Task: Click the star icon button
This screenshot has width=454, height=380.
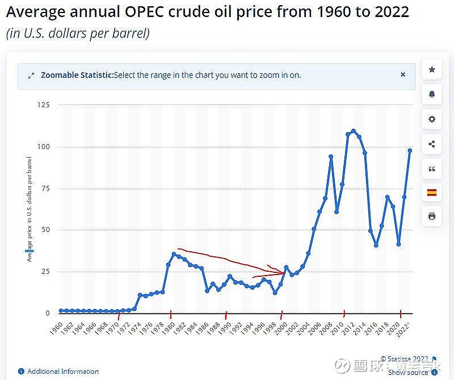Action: coord(432,69)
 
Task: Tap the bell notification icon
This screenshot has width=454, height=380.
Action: coord(432,94)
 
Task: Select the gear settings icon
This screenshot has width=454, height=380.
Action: coord(432,119)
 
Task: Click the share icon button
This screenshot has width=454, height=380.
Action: coord(432,144)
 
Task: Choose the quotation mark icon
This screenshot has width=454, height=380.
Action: coord(432,168)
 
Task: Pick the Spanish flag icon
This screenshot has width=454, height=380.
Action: coord(432,193)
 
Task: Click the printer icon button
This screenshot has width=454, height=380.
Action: coord(432,216)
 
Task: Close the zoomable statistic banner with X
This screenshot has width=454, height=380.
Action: coord(403,74)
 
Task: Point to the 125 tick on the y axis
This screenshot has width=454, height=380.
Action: coord(43,105)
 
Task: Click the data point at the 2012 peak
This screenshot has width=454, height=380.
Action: coord(354,131)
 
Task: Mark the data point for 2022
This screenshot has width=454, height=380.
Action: coord(410,150)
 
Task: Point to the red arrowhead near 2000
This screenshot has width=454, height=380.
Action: coord(281,272)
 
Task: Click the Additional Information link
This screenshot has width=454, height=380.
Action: coord(62,371)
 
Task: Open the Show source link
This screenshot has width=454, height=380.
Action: coord(408,372)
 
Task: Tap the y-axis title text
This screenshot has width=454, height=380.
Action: coord(29,210)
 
